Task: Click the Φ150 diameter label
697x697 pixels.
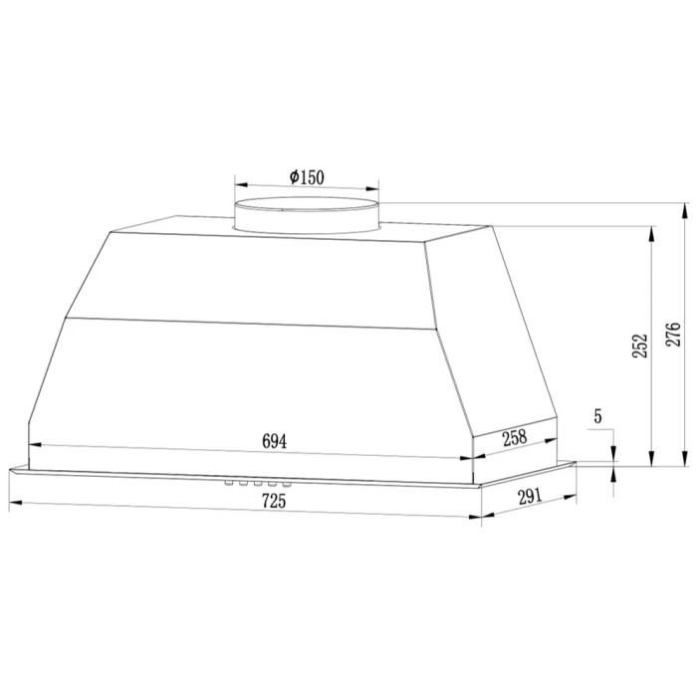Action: click(307, 177)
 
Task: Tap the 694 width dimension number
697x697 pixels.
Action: click(274, 441)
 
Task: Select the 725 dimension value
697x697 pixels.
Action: click(274, 501)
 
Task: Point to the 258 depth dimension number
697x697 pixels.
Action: click(515, 437)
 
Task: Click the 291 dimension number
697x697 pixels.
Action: click(530, 496)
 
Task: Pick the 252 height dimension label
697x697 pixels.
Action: click(640, 346)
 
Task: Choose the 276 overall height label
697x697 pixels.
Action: click(673, 335)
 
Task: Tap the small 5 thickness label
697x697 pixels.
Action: click(597, 416)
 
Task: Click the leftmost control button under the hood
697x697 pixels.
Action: click(229, 483)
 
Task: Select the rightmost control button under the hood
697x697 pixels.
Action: click(287, 484)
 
